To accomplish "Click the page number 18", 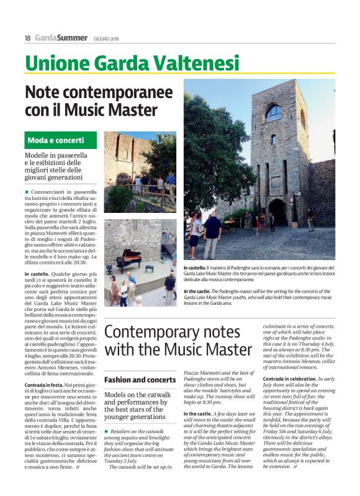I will pos(27,38).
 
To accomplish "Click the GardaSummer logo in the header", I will pos(61,38).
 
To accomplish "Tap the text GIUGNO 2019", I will pos(106,38).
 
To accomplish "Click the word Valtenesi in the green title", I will pos(197,63).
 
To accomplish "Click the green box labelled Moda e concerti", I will pos(61,140).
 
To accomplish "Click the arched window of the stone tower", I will pos(273,112).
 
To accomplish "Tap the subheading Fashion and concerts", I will pos(140,379).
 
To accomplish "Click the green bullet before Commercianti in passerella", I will pos(27,193).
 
